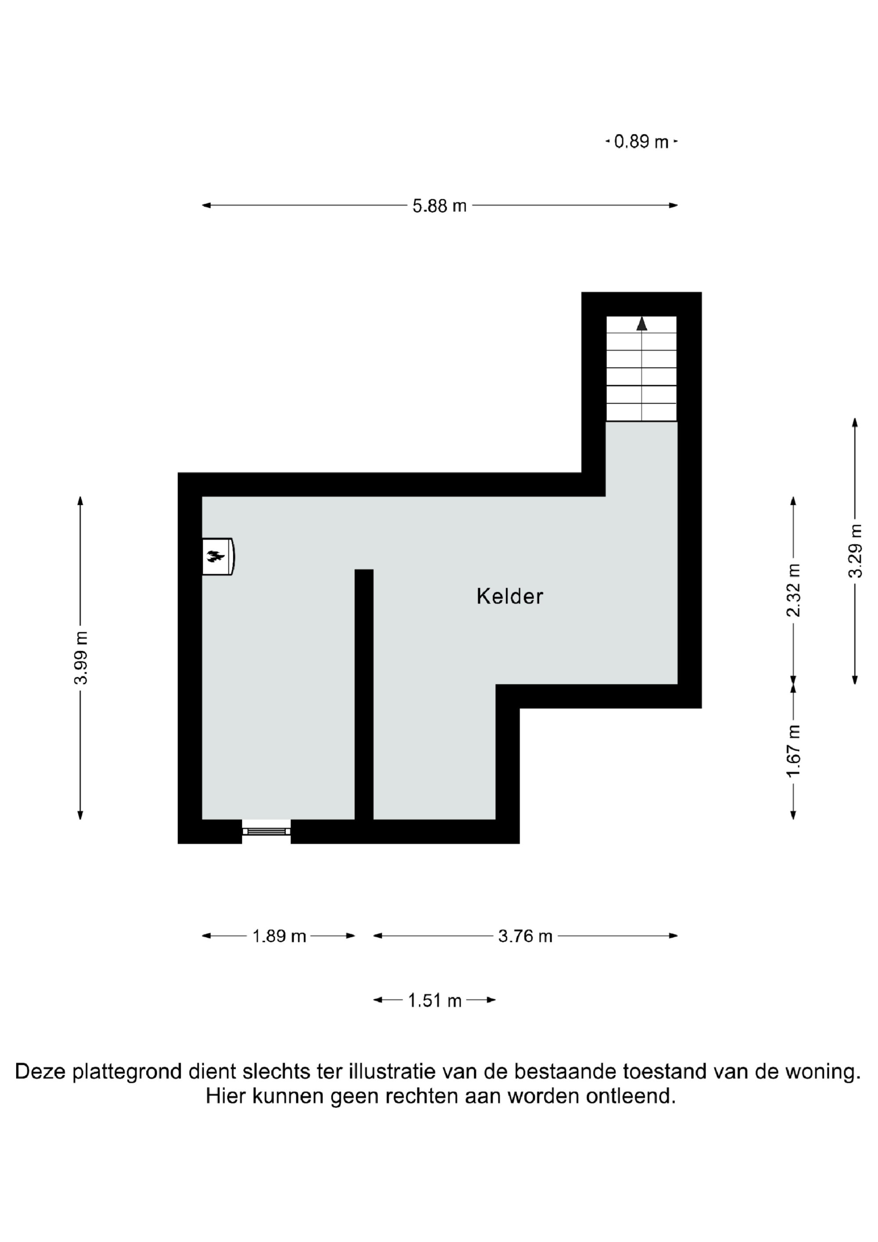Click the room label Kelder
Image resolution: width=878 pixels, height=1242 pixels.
509,596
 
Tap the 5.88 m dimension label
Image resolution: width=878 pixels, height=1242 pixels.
439,206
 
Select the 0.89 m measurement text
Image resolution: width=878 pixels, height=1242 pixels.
641,142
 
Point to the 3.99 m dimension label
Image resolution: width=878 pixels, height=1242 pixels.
81,657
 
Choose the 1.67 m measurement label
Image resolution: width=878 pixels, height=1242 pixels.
794,751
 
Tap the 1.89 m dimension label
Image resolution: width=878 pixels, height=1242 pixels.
279,936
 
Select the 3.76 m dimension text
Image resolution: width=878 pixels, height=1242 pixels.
525,936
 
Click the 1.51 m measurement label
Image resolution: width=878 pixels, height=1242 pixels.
435,1001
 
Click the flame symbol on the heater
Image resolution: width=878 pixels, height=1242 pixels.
215,555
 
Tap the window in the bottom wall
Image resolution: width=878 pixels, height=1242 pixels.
266,831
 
